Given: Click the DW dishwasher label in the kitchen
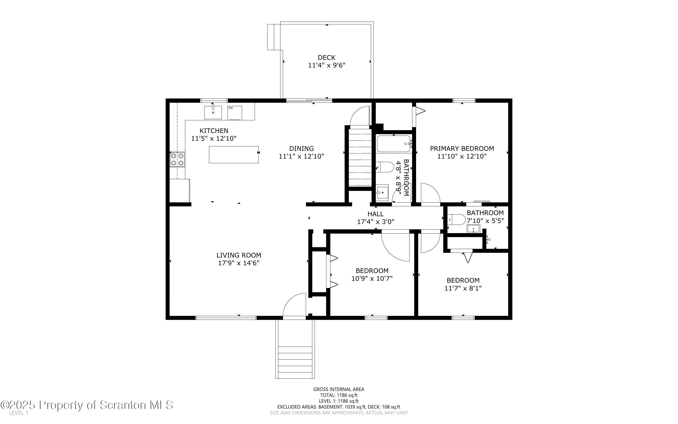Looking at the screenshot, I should (231, 108).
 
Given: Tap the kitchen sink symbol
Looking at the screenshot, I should (213, 112).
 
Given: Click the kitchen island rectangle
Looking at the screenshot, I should (234, 155).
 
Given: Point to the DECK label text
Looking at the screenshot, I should (327, 57).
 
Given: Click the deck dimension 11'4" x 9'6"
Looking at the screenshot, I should (327, 65).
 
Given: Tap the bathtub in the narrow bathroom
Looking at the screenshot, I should (394, 144).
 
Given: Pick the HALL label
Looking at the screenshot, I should (376, 214).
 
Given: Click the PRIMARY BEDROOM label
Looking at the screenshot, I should (462, 149).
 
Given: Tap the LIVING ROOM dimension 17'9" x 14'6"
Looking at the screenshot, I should (238, 263).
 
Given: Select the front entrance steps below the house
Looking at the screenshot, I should (295, 362).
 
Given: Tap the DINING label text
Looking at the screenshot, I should (301, 149).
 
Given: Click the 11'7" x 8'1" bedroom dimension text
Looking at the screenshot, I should (463, 288).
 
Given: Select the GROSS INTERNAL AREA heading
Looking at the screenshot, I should (339, 389).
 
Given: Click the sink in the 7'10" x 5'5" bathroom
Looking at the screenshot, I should (473, 229).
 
